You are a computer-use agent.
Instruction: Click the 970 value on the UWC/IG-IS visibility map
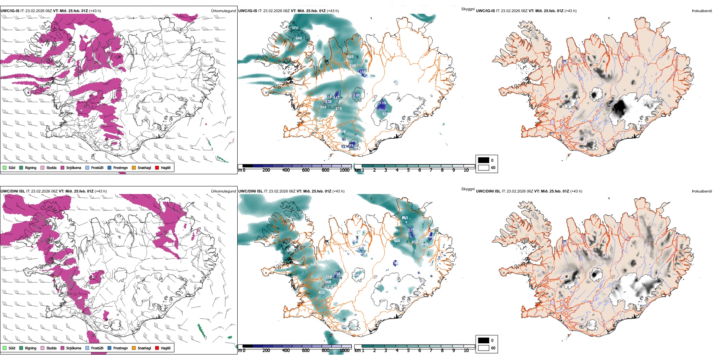(295, 28)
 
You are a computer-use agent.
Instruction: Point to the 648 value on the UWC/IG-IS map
(299, 38)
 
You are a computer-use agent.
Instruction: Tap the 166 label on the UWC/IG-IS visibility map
(363, 72)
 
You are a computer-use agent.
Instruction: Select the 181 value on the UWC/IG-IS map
(357, 95)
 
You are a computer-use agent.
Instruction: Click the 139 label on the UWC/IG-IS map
(382, 103)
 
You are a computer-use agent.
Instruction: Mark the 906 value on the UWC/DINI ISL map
(397, 241)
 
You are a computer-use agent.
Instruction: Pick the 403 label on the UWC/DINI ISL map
(321, 293)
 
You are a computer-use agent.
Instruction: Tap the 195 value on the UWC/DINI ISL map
(337, 274)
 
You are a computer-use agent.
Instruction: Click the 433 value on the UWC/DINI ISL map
(415, 242)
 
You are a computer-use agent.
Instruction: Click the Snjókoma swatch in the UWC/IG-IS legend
(63, 167)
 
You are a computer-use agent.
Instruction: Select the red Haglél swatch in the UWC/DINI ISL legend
(157, 348)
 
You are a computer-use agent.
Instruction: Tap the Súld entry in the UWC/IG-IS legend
(9, 167)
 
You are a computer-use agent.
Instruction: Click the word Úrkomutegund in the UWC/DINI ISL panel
(223, 191)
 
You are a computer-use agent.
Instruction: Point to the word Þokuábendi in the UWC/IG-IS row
(702, 11)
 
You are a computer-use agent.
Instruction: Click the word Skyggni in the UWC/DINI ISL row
(468, 189)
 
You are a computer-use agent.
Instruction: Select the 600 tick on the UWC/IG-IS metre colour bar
(305, 170)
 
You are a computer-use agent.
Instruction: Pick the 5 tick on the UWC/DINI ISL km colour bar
(408, 351)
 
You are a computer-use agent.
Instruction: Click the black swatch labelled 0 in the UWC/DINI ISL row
(484, 340)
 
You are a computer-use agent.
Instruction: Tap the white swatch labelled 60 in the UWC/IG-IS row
(484, 167)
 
